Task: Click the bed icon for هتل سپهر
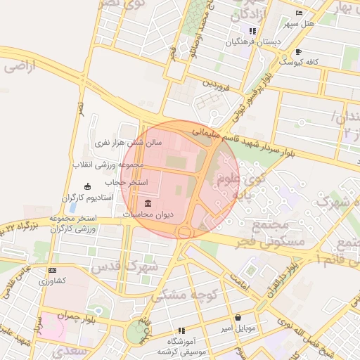click(299, 13)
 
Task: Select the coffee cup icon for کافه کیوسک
click(298, 52)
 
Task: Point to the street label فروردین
click(217, 86)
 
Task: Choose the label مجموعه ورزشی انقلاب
click(108, 165)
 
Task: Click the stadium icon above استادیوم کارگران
click(87, 186)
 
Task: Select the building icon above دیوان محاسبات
click(147, 203)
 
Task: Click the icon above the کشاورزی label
click(52, 270)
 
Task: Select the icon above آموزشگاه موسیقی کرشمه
click(181, 330)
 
